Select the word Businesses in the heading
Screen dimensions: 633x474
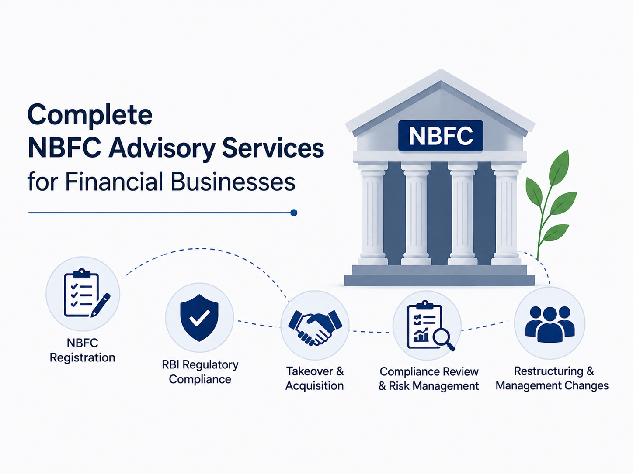click(233, 182)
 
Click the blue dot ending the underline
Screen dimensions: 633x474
click(294, 213)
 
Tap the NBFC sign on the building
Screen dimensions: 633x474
click(440, 136)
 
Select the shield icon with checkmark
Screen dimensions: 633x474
click(199, 317)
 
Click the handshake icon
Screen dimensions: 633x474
click(315, 327)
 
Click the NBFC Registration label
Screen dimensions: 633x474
click(83, 350)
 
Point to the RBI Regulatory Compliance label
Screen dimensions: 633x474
click(200, 372)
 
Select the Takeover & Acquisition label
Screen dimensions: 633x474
click(315, 378)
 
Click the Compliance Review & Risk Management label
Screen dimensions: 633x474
click(429, 379)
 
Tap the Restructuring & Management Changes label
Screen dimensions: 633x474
click(552, 378)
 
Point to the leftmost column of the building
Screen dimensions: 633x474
click(372, 213)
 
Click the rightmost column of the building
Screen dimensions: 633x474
click(506, 213)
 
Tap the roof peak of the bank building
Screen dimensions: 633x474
click(441, 70)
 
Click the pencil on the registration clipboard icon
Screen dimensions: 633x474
click(101, 306)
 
